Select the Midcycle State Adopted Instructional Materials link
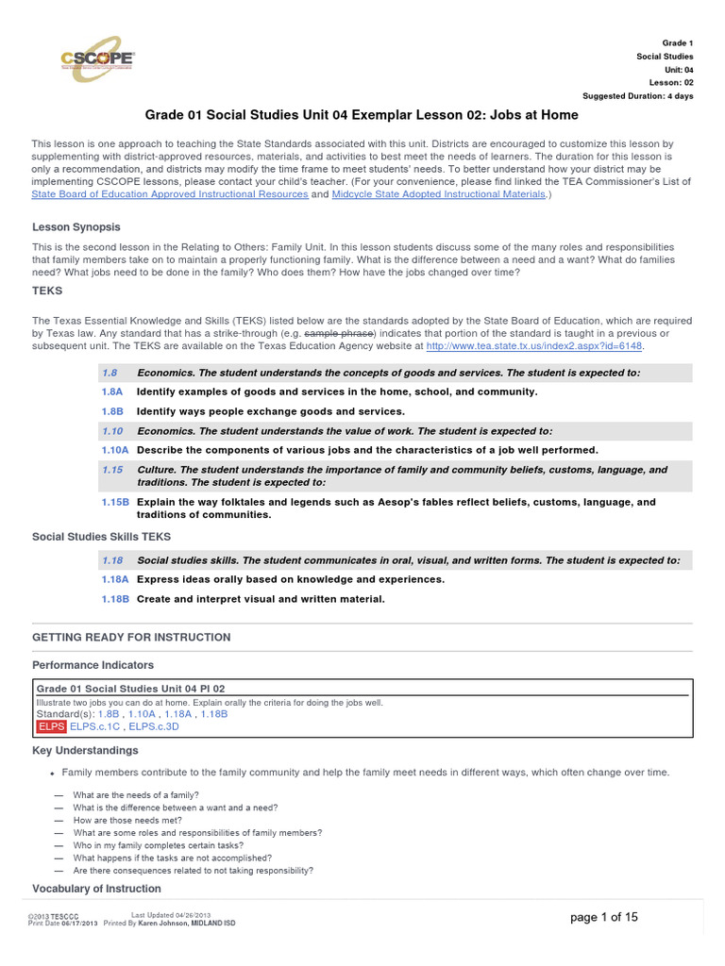[438, 194]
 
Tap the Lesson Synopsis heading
[76, 227]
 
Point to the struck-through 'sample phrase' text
[346, 334]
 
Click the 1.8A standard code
[112, 391]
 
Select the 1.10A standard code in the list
[115, 450]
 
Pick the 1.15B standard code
[115, 503]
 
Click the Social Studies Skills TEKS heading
[102, 537]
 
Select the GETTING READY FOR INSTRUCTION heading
[131, 638]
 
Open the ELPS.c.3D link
[154, 727]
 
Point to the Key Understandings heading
[85, 751]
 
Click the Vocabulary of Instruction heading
[96, 889]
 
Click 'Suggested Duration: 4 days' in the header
[637, 96]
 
